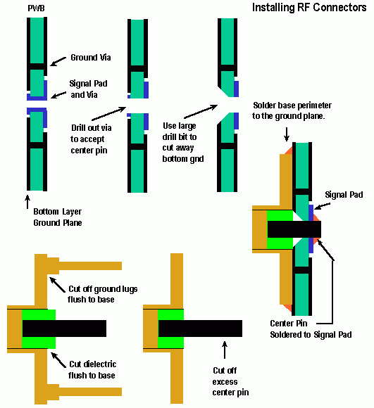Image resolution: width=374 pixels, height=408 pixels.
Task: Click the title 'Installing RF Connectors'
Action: pyautogui.click(x=309, y=8)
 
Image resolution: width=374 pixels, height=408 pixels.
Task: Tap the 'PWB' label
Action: pyautogui.click(x=36, y=8)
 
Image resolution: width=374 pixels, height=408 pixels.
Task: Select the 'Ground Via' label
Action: pyautogui.click(x=91, y=57)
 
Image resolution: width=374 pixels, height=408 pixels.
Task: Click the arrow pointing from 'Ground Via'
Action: pyautogui.click(x=58, y=61)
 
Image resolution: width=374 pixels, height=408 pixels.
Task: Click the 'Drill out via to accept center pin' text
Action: pyautogui.click(x=91, y=139)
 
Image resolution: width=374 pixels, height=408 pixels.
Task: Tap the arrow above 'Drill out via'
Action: pyautogui.click(x=109, y=113)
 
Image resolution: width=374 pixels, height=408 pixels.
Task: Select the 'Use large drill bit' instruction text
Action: pyautogui.click(x=183, y=142)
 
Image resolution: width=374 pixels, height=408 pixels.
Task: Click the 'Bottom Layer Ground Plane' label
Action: pyautogui.click(x=58, y=217)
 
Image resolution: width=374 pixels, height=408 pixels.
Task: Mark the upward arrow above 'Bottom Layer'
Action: pyautogui.click(x=27, y=202)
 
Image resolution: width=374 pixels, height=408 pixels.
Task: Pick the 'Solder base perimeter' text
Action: pyautogui.click(x=292, y=110)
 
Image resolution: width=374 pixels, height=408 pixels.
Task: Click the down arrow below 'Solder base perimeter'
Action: pyautogui.click(x=287, y=134)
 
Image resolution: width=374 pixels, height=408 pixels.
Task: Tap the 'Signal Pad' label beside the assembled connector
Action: pyautogui.click(x=344, y=195)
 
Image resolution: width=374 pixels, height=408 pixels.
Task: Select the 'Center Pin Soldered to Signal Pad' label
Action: pyautogui.click(x=311, y=329)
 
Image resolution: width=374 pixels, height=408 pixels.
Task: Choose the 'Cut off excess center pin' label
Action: pyautogui.click(x=230, y=381)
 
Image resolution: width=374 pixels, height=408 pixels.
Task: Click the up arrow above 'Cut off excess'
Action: pyautogui.click(x=225, y=350)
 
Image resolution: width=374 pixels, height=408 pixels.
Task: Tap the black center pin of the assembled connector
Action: pyautogui.click(x=294, y=229)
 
